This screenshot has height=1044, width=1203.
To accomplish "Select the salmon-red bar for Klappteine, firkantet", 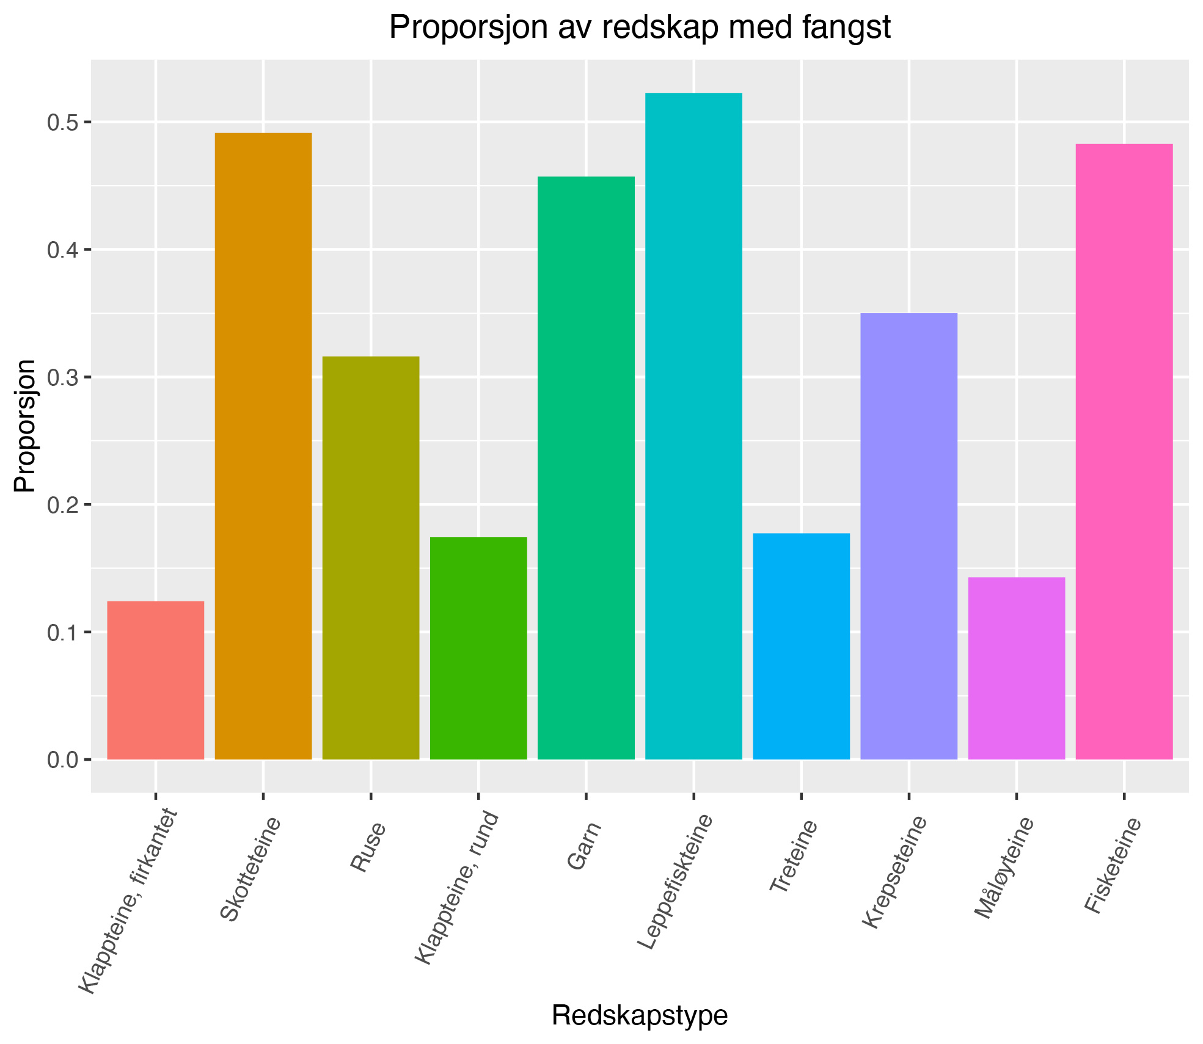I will [156, 680].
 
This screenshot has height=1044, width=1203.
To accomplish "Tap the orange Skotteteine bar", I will [263, 446].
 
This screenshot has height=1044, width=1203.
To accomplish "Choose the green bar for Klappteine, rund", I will [478, 648].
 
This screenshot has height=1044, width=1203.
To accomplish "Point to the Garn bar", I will [586, 468].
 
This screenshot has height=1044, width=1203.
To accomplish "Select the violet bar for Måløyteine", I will [1016, 668].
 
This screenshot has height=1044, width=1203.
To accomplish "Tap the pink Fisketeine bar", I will [1124, 452].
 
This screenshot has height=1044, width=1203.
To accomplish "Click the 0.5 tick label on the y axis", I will [62, 123].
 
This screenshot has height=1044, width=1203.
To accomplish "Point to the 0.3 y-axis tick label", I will [62, 377].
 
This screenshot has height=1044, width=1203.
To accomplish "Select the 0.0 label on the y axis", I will [62, 760].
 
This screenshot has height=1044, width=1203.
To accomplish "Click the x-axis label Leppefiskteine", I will [675, 883].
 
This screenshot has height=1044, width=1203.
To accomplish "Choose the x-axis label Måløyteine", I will [1004, 868].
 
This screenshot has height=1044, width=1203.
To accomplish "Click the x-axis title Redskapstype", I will [640, 1015].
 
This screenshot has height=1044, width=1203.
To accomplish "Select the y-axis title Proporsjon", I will [26, 426].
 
